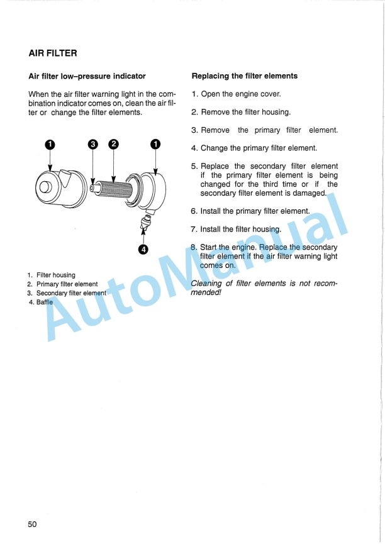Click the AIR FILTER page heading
53,53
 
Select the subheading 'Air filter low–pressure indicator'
87,76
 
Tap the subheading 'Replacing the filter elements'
244,76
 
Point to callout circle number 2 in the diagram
113,144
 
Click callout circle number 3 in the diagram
93,144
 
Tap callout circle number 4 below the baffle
143,250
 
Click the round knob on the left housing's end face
46,187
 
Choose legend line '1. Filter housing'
51,275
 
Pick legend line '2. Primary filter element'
62,284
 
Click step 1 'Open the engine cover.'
236,94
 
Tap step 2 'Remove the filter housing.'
240,113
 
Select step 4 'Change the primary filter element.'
254,148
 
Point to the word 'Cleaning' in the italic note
207,283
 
